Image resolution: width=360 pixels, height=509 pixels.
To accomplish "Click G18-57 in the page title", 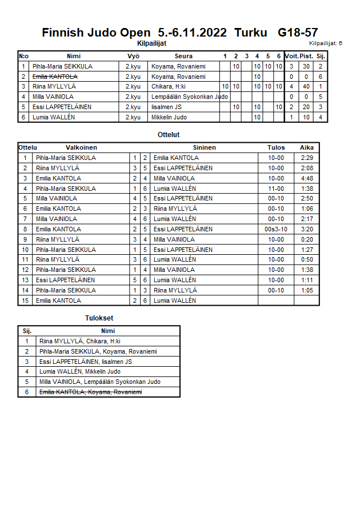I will tap(298, 33).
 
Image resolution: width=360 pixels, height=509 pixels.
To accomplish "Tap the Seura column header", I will tap(183, 56).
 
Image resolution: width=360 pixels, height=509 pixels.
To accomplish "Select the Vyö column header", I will tap(133, 56).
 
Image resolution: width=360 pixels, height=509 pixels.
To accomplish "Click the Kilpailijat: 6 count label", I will tap(326, 43).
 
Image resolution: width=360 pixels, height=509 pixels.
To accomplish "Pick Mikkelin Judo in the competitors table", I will tap(170, 117).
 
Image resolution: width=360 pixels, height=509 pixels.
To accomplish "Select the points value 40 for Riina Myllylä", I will tap(306, 86).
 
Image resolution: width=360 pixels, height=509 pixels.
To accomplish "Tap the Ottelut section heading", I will tap(169, 135).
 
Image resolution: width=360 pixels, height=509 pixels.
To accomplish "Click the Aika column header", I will tap(307, 147).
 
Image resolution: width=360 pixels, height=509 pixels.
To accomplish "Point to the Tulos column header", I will tap(276, 147).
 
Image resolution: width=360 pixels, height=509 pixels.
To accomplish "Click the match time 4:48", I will tap(307, 178).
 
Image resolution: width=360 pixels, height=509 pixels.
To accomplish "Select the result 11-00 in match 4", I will tap(276, 189).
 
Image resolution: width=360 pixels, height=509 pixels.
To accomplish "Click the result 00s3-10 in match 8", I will tap(276, 229).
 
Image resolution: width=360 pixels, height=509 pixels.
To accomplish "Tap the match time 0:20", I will tap(307, 239).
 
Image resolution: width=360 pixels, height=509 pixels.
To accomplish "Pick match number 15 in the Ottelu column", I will tap(25, 300).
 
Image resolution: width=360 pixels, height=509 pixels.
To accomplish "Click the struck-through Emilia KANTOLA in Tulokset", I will tap(90, 392).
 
